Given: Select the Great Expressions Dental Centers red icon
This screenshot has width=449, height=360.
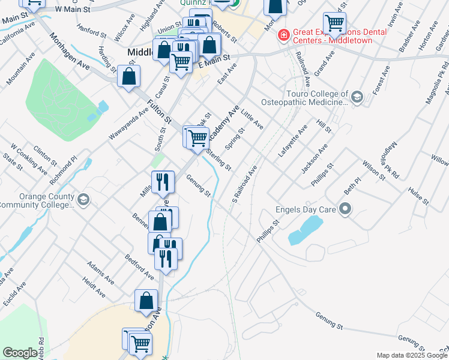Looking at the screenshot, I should (283, 36).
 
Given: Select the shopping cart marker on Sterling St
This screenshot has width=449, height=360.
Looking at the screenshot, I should (197, 137).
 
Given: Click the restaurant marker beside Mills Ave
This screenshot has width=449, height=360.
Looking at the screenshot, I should (162, 182).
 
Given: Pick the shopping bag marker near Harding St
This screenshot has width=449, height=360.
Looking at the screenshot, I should (129, 76).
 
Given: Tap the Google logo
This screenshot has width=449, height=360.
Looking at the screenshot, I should (20, 353).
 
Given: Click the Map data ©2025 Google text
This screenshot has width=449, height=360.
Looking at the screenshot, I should (412, 355).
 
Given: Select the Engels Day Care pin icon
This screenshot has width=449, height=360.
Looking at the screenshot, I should (345, 209).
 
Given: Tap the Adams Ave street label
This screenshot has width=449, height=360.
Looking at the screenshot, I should (100, 272).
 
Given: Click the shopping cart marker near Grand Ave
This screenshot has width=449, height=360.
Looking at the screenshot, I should (334, 23).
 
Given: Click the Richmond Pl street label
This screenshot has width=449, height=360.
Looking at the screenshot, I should (64, 170).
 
